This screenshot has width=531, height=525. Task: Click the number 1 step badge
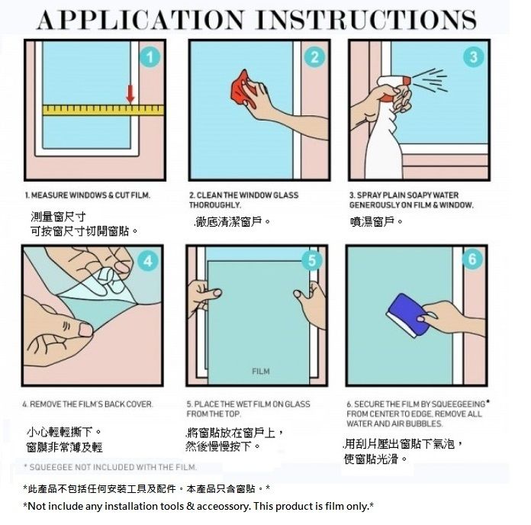click(x=150, y=57)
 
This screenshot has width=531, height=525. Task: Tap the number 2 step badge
click(x=314, y=56)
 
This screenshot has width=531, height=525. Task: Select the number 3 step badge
click(x=474, y=56)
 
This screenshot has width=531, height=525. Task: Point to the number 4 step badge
click(x=148, y=261)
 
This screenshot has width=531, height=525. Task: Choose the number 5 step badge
click(x=312, y=260)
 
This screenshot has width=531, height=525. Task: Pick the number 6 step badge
click(x=472, y=259)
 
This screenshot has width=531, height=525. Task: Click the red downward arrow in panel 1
click(x=130, y=94)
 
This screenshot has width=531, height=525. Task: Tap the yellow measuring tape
click(x=103, y=110)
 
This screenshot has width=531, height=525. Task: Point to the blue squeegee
click(x=407, y=314)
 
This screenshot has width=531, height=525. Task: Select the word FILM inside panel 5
click(x=261, y=371)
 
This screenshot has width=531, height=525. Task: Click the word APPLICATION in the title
click(x=140, y=20)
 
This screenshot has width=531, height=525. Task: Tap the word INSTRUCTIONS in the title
click(x=367, y=20)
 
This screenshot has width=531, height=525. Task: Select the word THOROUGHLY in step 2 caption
click(x=215, y=205)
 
